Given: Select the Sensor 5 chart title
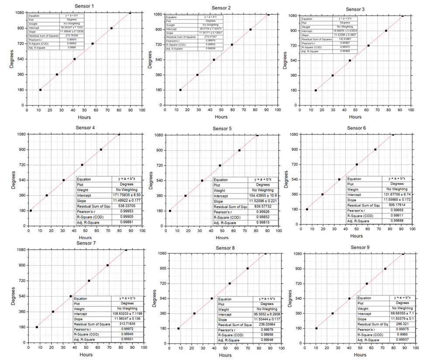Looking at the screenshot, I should pyautogui.click(x=222, y=129).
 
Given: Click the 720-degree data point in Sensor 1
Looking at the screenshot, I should pyautogui.click(x=93, y=44).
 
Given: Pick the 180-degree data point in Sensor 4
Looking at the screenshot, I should pyautogui.click(x=31, y=211).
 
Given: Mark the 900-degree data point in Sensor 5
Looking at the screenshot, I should pyautogui.click(x=239, y=150).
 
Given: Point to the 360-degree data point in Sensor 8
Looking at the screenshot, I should pyautogui.click(x=194, y=313).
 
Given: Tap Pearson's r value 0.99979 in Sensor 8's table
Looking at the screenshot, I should pyautogui.click(x=266, y=329).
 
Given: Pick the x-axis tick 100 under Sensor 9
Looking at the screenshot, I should pyautogui.click(x=415, y=348).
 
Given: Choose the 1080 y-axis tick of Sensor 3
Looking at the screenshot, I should pyautogui.click(x=292, y=16).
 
